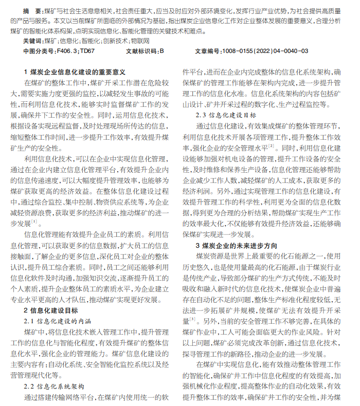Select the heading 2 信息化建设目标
[x=51, y=310]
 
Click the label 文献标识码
[x=141, y=51]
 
